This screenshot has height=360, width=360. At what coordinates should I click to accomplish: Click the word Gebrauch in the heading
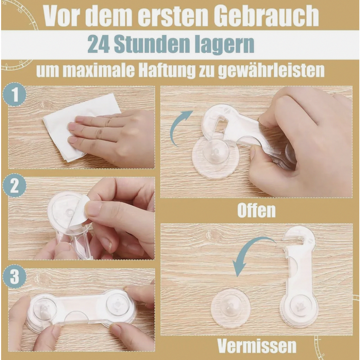[x=268, y=16]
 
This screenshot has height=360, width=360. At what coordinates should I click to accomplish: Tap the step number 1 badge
[x=15, y=95]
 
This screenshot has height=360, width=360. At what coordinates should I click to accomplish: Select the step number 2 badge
[x=14, y=185]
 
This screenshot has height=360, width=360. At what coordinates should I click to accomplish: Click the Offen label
[x=256, y=210]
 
